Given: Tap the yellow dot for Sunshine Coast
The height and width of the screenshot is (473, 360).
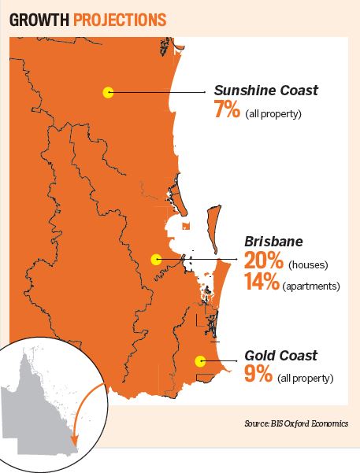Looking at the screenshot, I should [x=108, y=93].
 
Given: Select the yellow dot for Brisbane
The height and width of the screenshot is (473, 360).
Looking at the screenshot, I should [x=156, y=258].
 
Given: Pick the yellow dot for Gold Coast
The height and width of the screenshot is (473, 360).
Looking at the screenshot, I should [x=200, y=362].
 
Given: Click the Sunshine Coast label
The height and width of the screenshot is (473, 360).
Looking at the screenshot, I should [x=266, y=91].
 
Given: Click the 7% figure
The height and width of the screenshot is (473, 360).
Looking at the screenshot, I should [x=227, y=109].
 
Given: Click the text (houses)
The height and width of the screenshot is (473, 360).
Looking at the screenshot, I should [x=310, y=264].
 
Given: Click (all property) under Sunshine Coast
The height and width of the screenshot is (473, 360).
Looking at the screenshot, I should [x=273, y=114].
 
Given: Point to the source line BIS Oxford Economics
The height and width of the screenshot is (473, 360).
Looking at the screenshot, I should [x=297, y=424].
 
